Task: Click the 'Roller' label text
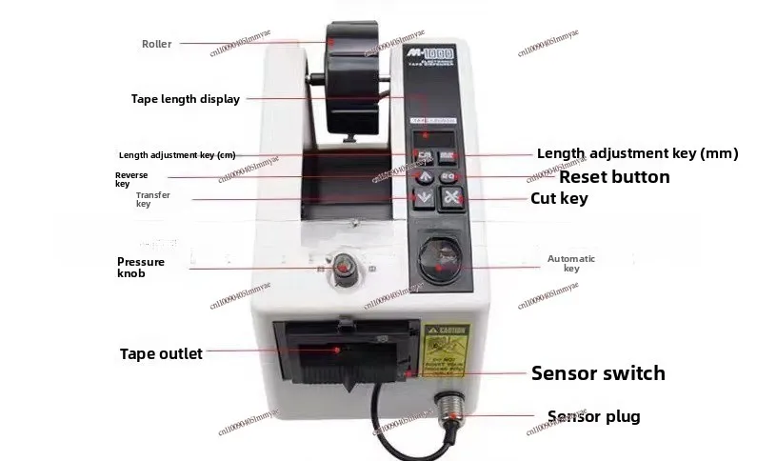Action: [x=157, y=43]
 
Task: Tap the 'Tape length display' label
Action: [x=185, y=98]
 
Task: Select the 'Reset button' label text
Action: [x=613, y=177]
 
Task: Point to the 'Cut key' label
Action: [x=559, y=199]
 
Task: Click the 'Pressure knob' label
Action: [x=141, y=268]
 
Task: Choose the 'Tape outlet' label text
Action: [x=161, y=354]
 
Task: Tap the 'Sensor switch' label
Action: [x=598, y=372]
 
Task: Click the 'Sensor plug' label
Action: [x=593, y=416]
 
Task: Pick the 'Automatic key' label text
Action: [x=571, y=264]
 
